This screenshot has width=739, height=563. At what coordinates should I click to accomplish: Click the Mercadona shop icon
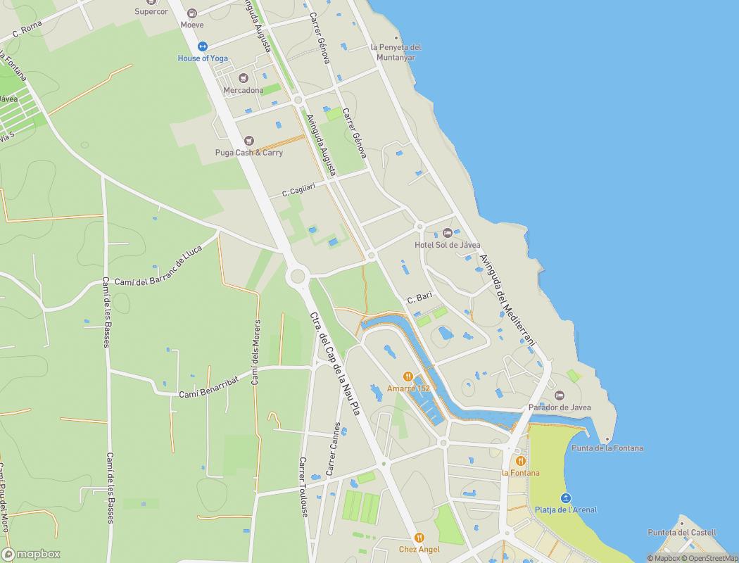pyautogui.click(x=244, y=78)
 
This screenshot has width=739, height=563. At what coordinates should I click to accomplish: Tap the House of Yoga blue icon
pyautogui.click(x=203, y=46)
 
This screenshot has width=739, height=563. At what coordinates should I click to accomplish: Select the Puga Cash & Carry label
pyautogui.click(x=248, y=153)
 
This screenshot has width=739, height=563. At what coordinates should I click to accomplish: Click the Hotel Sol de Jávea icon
pyautogui.click(x=448, y=233)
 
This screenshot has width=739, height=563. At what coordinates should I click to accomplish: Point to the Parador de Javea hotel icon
pyautogui.click(x=560, y=396)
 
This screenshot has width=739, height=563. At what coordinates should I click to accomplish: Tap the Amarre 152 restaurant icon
pyautogui.click(x=408, y=377)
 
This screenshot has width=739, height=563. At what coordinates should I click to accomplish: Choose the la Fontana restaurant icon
pyautogui.click(x=520, y=461)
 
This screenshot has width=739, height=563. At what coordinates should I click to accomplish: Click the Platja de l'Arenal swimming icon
pyautogui.click(x=566, y=498)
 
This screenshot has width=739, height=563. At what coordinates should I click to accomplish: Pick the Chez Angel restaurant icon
pyautogui.click(x=419, y=538)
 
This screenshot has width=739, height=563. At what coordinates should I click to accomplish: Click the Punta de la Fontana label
pyautogui.click(x=607, y=448)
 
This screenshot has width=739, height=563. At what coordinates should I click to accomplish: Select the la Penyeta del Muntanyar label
pyautogui.click(x=396, y=52)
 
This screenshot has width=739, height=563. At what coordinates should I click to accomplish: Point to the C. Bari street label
pyautogui.click(x=419, y=299)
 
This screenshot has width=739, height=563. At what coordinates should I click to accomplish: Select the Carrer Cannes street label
pyautogui.click(x=333, y=448)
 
